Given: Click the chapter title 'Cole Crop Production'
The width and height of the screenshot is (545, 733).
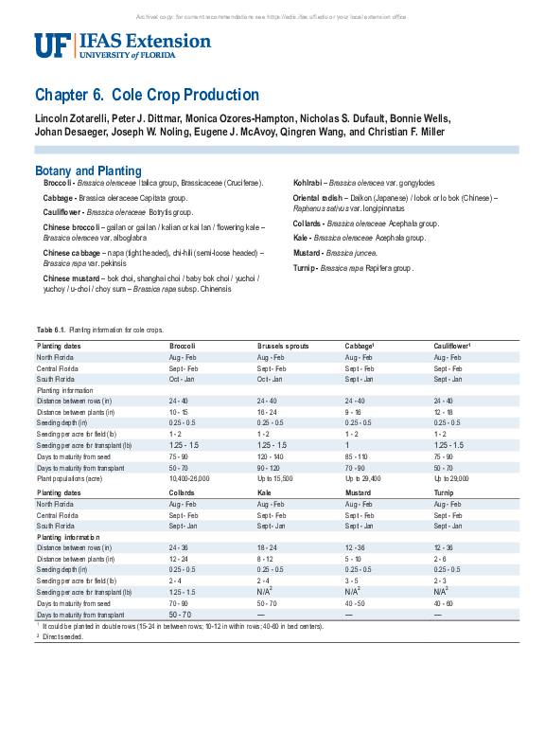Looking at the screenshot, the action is (185, 95).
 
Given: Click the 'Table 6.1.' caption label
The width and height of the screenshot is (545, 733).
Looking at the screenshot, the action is (49, 330).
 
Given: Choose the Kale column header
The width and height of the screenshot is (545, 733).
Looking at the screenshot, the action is (265, 493).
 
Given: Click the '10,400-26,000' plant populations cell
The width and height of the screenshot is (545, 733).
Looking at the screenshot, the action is (189, 479).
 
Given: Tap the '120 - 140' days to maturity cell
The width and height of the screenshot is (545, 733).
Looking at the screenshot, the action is (271, 456).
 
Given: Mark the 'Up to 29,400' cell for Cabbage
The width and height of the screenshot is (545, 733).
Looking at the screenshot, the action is (364, 479).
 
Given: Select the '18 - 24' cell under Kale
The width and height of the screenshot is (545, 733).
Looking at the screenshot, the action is (268, 547).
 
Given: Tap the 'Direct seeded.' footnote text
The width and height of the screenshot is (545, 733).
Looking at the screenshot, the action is (63, 636).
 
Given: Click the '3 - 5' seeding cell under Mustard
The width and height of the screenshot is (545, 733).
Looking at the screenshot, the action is (352, 581).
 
